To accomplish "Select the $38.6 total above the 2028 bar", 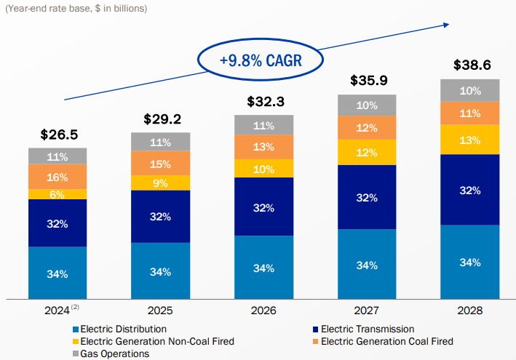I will pos(470,65).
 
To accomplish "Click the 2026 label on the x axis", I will pos(263,311).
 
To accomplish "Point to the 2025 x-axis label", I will pos(160,311).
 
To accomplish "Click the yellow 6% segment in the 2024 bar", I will pos(57,194).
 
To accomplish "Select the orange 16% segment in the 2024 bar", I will pos(57,177).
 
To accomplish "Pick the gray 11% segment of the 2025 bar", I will pos(160,142).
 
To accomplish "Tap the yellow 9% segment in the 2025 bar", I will pos(160,183).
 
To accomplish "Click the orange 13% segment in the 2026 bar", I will pos(263,147).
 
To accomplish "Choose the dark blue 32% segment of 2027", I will pos(367,197).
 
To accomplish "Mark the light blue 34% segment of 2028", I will pos(470,262).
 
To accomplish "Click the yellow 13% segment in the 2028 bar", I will pos(470,140).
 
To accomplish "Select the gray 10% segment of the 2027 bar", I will pos(367,105).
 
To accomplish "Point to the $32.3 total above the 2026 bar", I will pos(263,101).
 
